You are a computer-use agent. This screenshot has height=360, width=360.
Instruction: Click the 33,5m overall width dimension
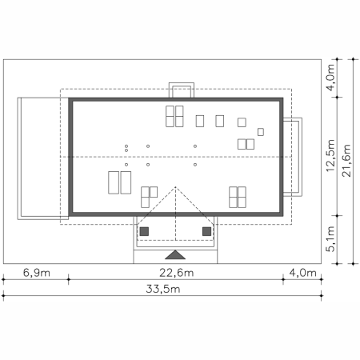(x=163, y=289)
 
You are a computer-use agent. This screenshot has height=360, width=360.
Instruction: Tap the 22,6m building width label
(x=177, y=273)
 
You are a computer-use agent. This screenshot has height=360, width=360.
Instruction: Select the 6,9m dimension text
(x=37, y=273)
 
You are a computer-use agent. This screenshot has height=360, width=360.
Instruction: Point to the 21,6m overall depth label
(x=347, y=161)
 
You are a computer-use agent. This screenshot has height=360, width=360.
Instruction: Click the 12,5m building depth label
(x=330, y=155)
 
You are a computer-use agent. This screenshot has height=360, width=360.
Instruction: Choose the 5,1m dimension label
(x=330, y=239)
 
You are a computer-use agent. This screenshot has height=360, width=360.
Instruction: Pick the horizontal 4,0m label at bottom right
(x=302, y=273)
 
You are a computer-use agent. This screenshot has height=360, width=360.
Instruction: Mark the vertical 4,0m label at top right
(x=330, y=78)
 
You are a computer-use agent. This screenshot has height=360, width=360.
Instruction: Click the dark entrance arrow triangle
(x=175, y=254)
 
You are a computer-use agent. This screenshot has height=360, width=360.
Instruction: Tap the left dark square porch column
(x=144, y=231)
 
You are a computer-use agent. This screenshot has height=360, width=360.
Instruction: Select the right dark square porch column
(x=206, y=231)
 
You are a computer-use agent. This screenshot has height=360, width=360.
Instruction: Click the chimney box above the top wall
(x=182, y=90)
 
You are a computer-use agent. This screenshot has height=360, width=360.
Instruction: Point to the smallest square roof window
(x=261, y=132)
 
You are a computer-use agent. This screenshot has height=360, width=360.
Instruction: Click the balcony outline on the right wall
(x=301, y=157)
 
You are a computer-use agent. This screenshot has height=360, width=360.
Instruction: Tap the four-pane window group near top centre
(x=174, y=116)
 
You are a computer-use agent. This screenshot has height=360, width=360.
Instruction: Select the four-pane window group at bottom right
(x=238, y=197)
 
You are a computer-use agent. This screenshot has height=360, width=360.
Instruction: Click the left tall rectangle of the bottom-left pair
(x=114, y=182)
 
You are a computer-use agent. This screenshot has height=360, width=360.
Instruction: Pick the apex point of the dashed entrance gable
(x=175, y=187)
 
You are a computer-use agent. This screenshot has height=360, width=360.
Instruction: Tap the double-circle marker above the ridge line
(x=126, y=148)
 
